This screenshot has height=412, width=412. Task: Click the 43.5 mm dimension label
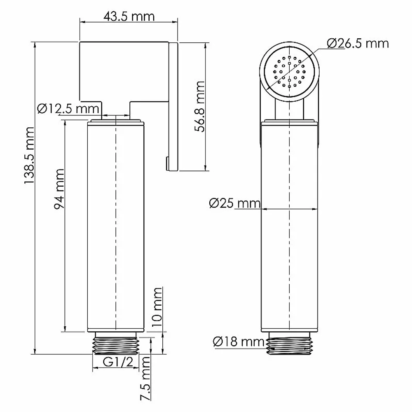tap(129, 16)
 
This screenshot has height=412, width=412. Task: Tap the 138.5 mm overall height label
tap(29, 155)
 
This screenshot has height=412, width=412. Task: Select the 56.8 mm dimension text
tap(199, 106)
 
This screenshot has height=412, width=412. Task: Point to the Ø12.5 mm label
tap(68, 108)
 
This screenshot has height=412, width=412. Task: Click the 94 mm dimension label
tap(59, 189)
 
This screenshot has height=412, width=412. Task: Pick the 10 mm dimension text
tap(157, 307)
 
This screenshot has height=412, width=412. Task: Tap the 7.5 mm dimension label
tap(145, 379)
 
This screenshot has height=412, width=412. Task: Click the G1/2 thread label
tap(118, 362)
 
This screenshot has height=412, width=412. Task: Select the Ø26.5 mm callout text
tap(358, 43)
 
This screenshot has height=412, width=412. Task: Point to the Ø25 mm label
tap(235, 203)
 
